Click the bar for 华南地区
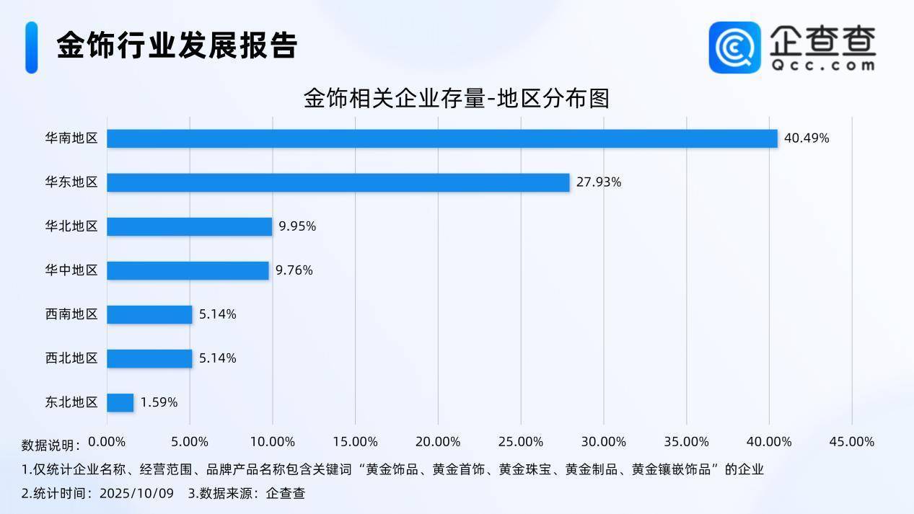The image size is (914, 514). (x=441, y=138)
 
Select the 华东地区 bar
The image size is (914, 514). (x=338, y=182)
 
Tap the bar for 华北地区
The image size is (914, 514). (x=189, y=226)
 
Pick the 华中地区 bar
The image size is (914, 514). (x=188, y=270)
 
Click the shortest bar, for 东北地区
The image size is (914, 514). (x=120, y=402)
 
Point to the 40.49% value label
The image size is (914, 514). (x=807, y=138)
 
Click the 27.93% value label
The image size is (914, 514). (x=598, y=182)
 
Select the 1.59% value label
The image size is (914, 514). (x=159, y=402)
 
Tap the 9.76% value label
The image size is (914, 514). (x=294, y=270)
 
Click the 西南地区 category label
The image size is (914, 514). (x=71, y=314)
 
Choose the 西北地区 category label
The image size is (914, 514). (x=71, y=358)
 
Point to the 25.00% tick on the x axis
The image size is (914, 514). (x=521, y=441)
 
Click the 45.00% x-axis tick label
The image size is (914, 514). (x=852, y=441)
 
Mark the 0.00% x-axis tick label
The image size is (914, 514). (x=107, y=441)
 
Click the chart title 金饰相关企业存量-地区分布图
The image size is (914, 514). (x=456, y=98)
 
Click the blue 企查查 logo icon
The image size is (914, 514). (x=734, y=47)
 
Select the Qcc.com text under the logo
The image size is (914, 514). (x=822, y=65)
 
